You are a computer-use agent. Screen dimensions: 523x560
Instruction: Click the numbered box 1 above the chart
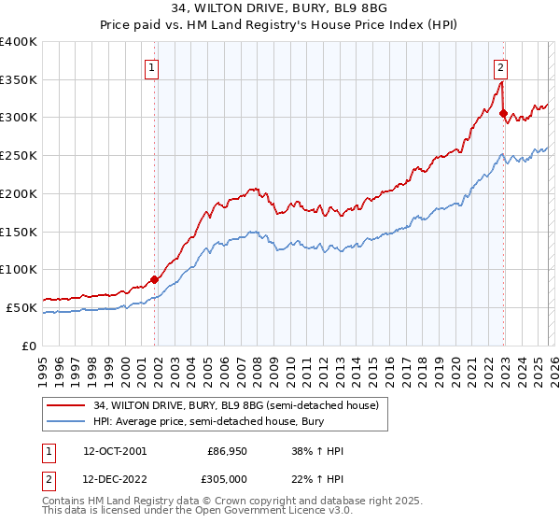[x=151, y=66]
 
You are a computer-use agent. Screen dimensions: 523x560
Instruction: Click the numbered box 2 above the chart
[x=500, y=66]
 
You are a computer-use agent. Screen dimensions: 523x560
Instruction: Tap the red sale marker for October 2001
[x=154, y=278]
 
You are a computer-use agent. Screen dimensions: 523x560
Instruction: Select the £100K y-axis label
[x=19, y=269]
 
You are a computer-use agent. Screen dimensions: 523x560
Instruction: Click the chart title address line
[x=280, y=11]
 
